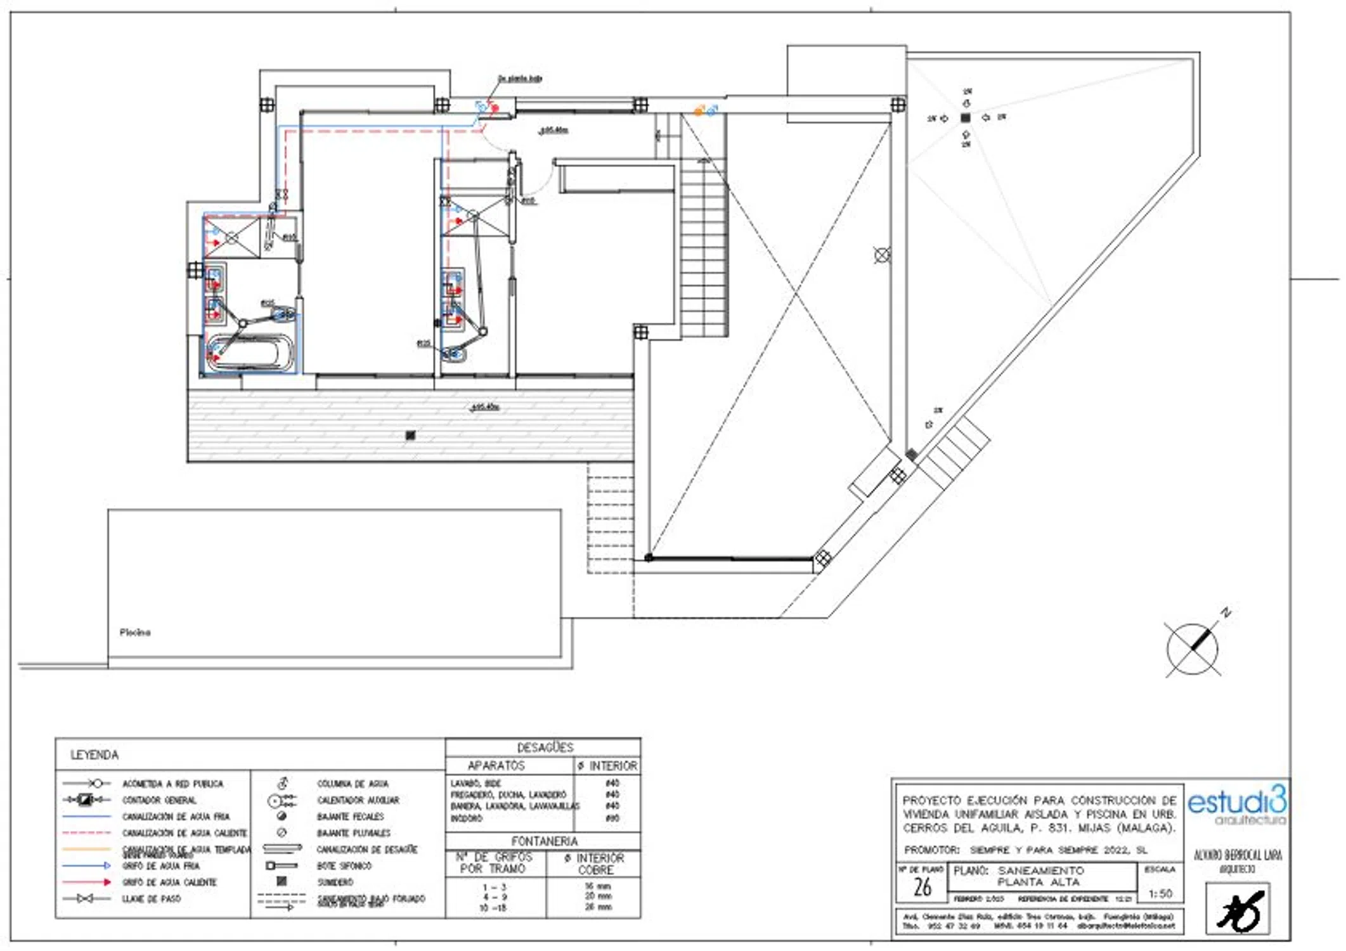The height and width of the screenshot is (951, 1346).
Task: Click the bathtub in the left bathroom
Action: click(251, 352)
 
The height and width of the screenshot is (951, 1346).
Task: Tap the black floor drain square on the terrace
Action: click(410, 435)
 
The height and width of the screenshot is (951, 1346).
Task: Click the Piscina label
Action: click(135, 632)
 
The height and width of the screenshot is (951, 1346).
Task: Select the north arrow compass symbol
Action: click(1193, 649)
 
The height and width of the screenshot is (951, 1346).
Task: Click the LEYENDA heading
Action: click(94, 754)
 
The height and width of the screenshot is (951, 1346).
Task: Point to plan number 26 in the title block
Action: click(922, 887)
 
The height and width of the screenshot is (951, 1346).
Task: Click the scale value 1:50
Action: click(1160, 893)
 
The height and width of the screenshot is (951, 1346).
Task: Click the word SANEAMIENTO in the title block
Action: click(1040, 870)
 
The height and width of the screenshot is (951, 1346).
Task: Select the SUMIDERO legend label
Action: click(335, 882)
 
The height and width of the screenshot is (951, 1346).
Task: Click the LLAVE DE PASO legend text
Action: click(152, 898)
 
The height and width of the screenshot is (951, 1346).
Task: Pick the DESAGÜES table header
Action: click(545, 747)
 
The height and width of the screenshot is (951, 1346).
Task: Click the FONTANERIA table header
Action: click(544, 841)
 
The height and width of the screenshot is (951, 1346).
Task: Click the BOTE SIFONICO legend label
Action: click(344, 865)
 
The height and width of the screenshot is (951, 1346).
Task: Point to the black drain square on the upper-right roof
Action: click(965, 118)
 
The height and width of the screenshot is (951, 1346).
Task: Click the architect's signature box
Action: click(1237, 909)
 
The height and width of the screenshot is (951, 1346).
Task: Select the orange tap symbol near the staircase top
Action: click(698, 112)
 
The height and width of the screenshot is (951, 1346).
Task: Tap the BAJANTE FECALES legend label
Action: click(351, 817)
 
